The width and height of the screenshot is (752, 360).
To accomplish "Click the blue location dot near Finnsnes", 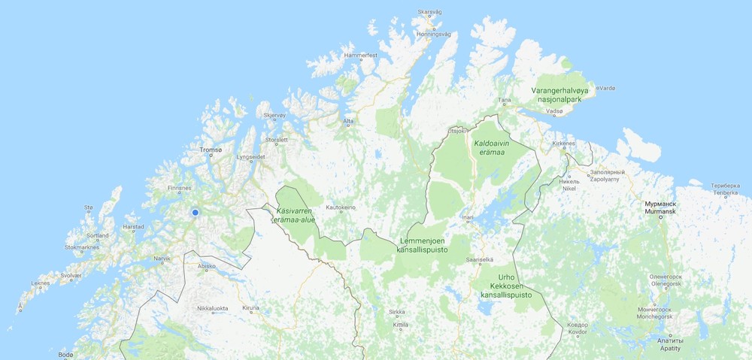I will point(195,213).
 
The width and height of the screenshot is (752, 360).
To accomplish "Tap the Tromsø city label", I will point(211,150).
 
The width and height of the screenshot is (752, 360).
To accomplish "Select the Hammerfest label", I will point(359,56).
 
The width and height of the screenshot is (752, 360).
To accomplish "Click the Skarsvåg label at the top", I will point(429,13).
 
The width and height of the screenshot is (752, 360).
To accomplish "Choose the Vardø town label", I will point(606,88).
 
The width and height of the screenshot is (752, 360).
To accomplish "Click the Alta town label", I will point(348,121).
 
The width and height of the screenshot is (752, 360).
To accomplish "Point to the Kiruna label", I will point(250,308).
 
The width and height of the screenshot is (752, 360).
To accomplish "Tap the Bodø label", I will point(65,354).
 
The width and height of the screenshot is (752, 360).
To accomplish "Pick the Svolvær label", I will point(71,276).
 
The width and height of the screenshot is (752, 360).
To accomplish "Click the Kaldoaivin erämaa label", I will point(489,147).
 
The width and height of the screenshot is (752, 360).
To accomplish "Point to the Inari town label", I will point(468,218).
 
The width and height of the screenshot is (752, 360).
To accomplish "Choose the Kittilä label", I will point(401,325).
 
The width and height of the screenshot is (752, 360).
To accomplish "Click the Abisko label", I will point(206,266).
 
